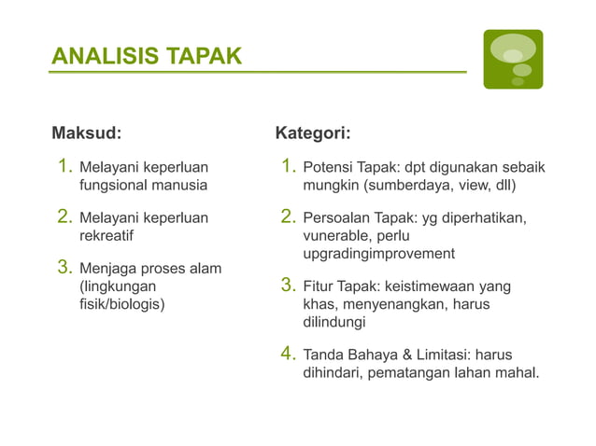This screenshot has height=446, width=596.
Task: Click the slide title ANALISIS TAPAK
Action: (146, 57)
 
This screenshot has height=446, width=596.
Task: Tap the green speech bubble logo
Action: (512, 59)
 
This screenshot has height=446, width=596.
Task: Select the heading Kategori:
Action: (313, 132)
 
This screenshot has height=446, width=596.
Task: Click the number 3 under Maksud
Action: (65, 268)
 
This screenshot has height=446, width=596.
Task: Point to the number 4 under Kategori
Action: (289, 354)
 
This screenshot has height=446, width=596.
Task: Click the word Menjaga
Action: (106, 270)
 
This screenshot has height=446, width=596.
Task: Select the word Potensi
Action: (327, 168)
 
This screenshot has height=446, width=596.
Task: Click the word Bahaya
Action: (366, 355)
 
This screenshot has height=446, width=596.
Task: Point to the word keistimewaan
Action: (429, 286)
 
